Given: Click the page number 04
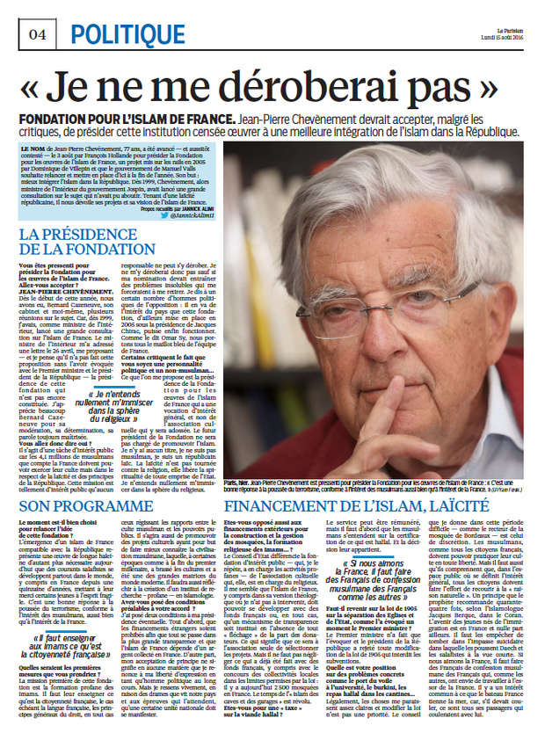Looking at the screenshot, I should point(38,34).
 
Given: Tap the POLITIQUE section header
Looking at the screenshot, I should point(120,34).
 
